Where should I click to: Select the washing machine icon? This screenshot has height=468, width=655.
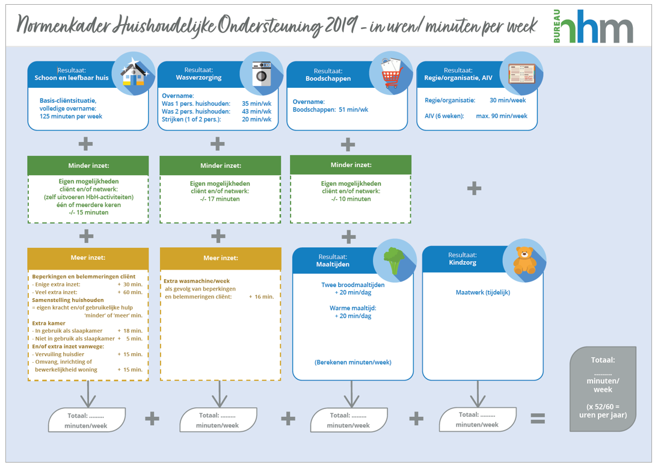[262, 75]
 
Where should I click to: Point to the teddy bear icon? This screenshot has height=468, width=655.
[524, 260]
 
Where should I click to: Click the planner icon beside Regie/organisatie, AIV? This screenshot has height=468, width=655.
[521, 74]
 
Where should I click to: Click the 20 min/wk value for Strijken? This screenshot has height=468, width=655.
[256, 119]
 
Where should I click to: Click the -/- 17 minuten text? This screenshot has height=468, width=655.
[220, 199]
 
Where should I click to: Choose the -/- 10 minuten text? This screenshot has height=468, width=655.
[350, 199]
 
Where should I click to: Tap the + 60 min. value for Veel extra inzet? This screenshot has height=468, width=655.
[130, 292]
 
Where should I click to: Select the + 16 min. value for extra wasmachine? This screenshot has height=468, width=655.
[260, 297]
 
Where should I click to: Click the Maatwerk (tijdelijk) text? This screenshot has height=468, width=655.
[483, 293]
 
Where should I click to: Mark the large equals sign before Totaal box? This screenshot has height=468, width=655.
[537, 418]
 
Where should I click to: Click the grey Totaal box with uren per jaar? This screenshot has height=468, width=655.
[603, 389]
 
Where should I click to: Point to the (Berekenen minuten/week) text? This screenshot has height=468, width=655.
[352, 362]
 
